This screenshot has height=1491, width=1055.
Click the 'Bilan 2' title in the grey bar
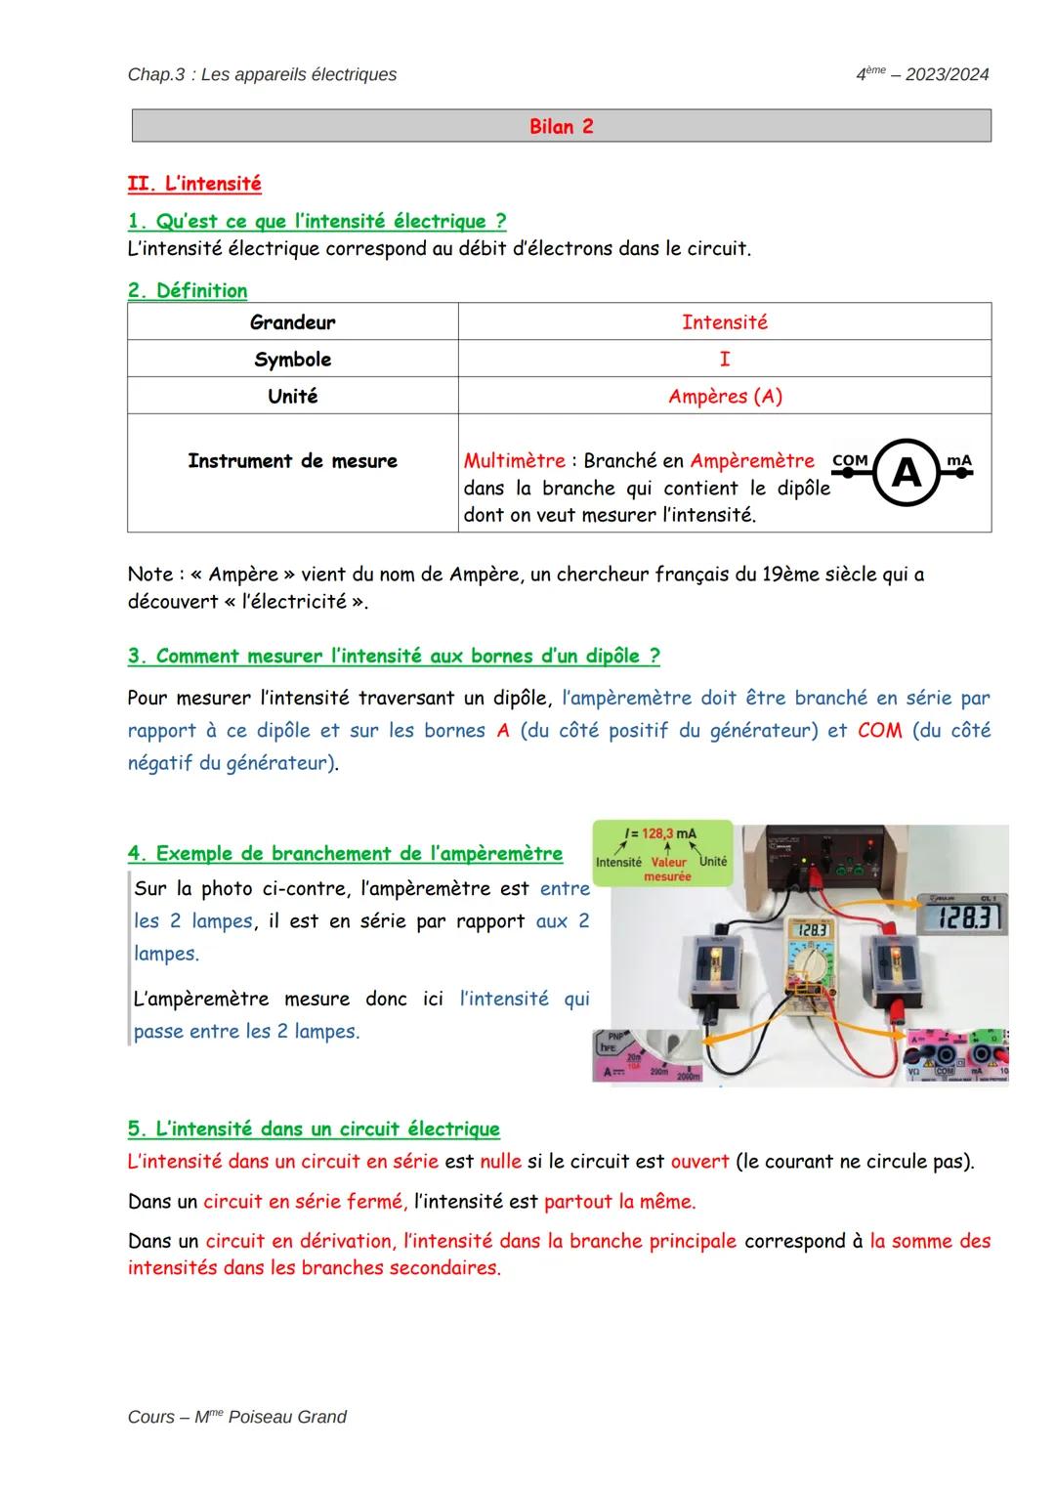(561, 126)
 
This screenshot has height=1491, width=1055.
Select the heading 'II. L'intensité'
(194, 184)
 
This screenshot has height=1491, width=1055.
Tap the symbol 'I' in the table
(724, 359)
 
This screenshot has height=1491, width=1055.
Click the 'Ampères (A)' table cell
(725, 396)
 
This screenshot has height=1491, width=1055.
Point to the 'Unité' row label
(292, 396)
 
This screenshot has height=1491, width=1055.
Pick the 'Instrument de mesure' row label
(292, 460)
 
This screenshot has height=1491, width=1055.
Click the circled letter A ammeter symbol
(907, 473)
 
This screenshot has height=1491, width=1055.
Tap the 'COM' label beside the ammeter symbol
(850, 459)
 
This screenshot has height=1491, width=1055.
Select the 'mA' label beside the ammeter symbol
(959, 459)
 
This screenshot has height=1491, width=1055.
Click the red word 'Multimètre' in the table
(514, 460)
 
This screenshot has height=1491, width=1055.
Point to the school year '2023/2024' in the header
(947, 74)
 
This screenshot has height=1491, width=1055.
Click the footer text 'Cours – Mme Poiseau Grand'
(236, 1417)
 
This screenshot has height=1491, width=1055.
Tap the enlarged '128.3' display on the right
(963, 917)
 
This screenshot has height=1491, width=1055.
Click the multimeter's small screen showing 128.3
(813, 931)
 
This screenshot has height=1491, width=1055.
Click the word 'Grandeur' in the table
(292, 321)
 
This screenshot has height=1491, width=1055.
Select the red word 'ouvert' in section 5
(699, 1161)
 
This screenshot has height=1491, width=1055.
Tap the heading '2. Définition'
(188, 290)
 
